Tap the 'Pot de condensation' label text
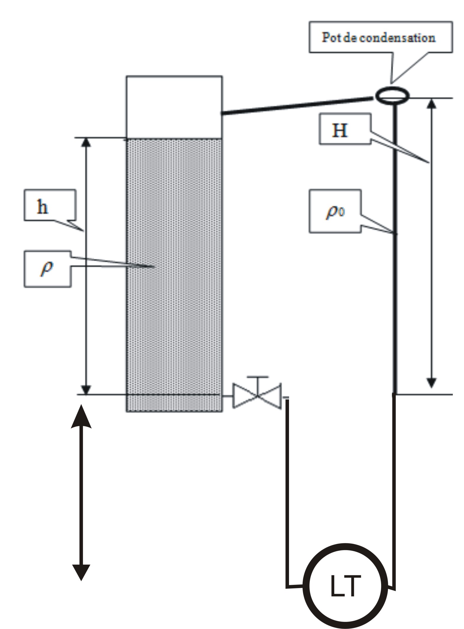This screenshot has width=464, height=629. coord(379,38)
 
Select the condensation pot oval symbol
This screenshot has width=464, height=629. coord(392,95)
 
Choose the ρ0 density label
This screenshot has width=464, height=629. coord(335,212)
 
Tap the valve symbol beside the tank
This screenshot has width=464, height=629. coord(257,396)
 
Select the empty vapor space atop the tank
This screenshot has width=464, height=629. coord(174,107)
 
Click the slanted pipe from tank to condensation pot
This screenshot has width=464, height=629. coord(296,106)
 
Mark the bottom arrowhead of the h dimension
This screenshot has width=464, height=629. coord(86,389)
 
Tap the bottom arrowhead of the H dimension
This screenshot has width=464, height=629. coord(432,383)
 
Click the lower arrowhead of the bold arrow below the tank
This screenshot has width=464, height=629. coord(81,572)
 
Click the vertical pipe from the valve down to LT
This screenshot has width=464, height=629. coord(287,489)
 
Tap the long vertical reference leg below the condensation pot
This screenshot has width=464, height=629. coord(395,252)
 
